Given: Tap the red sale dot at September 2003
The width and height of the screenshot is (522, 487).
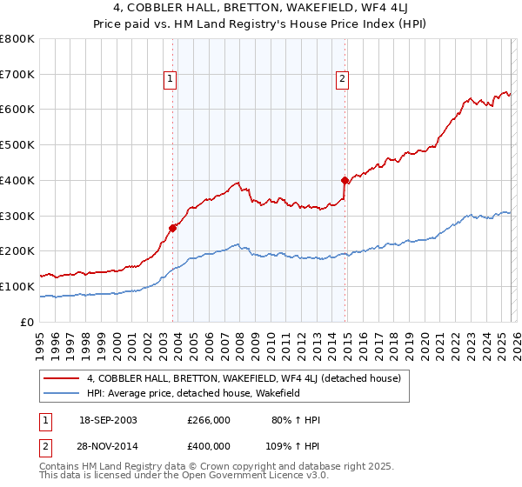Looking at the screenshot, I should click(173, 228).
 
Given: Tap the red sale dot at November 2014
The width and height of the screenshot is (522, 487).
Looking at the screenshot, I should click(345, 180).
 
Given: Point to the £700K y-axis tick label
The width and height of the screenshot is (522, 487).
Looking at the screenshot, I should click(17, 75).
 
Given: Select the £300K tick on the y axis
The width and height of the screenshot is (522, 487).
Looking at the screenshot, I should click(17, 216).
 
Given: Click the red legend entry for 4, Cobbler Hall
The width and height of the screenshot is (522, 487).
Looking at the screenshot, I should click(244, 378).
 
